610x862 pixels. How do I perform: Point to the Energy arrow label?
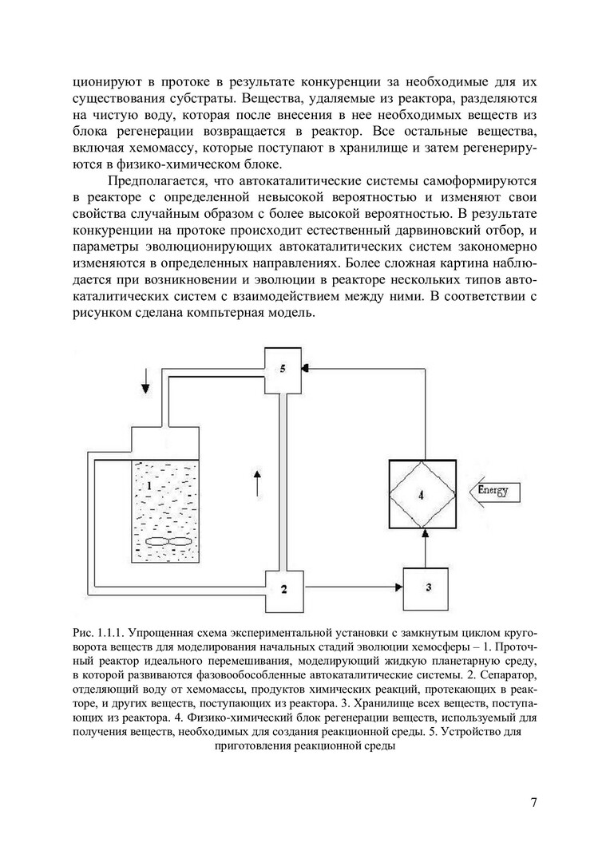(493, 491)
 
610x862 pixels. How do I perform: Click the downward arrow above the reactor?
(145, 387)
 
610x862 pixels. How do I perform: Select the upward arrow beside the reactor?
(256, 484)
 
